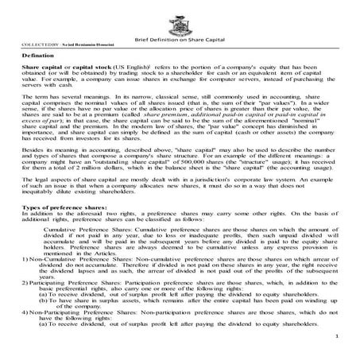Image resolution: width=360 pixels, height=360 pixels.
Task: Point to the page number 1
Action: (338, 337)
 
